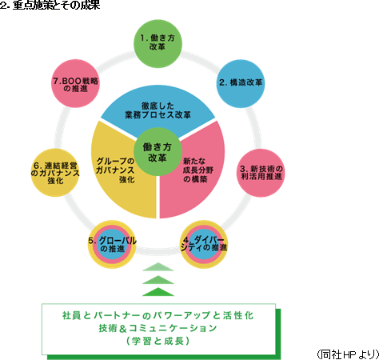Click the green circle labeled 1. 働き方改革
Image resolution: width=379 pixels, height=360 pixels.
(x=158, y=43)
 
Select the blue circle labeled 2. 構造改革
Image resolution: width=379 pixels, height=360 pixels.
(x=241, y=83)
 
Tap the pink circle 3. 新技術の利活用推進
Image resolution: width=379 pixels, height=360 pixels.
(x=261, y=173)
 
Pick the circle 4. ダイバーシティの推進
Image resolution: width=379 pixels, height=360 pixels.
(x=204, y=244)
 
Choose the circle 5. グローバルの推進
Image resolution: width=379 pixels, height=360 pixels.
(x=112, y=244)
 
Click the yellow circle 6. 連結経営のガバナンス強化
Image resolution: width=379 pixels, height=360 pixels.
(x=55, y=173)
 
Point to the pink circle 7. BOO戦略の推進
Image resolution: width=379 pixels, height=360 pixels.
(x=75, y=83)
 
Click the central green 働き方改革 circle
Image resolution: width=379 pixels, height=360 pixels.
(x=158, y=152)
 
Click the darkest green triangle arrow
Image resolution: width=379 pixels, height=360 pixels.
(x=158, y=292)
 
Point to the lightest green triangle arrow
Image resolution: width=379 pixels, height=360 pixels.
(x=158, y=267)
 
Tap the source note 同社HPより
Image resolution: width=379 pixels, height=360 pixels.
(x=348, y=354)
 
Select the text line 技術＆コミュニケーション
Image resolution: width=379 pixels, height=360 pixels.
(x=158, y=328)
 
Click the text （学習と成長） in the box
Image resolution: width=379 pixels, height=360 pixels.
(x=158, y=341)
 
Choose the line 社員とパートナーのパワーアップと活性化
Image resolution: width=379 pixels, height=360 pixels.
(x=158, y=316)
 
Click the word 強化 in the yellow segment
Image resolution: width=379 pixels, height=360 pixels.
(x=127, y=179)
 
